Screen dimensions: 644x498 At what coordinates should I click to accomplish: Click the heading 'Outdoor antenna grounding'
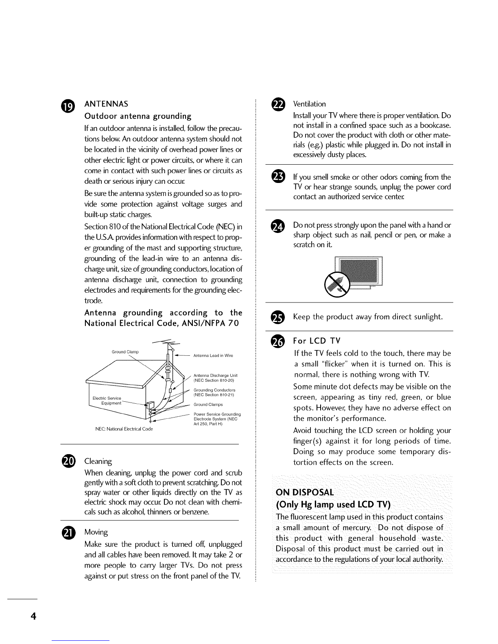(138, 116)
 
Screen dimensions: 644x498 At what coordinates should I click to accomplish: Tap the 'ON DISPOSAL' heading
(305, 492)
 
